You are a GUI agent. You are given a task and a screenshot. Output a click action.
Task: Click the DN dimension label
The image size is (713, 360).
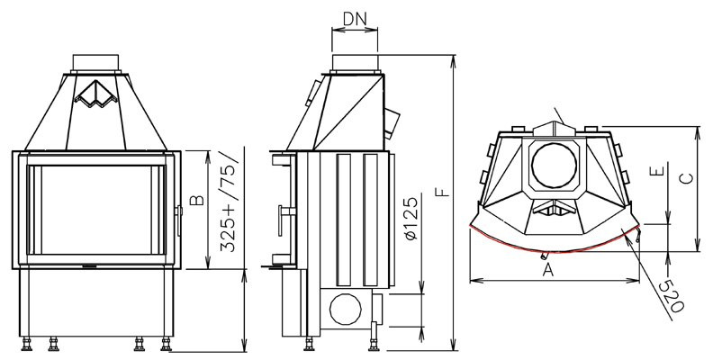coord(355,18)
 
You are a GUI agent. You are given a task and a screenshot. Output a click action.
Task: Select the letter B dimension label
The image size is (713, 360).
coord(197,200)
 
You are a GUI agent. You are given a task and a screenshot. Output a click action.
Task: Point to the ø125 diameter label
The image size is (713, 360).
coord(410,219)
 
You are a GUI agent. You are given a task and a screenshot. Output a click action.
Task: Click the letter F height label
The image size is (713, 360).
coord(441,192)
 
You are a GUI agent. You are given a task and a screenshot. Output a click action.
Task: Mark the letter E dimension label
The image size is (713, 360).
coord(657,172)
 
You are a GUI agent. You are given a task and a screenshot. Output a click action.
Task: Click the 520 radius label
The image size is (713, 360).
coord(672,295)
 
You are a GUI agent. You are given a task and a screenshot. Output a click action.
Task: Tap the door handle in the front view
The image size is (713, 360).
coord(179,220)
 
